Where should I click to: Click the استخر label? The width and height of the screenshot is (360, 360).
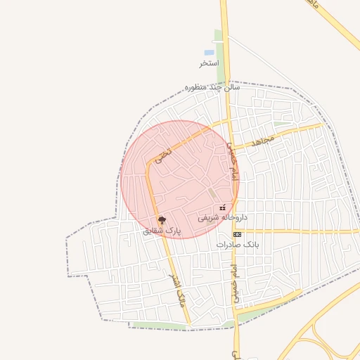click(x=209, y=63)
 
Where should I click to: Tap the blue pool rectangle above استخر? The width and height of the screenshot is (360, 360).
click(x=209, y=53)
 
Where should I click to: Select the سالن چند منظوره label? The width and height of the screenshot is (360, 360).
click(x=212, y=87)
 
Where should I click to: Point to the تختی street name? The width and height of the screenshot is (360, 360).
click(x=165, y=149)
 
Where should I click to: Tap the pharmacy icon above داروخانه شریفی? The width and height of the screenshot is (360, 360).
click(x=223, y=207)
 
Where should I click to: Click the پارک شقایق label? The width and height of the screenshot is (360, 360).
click(x=162, y=230)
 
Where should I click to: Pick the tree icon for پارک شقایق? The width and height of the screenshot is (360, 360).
click(x=162, y=220)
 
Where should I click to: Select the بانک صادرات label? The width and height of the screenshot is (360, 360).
click(x=238, y=244)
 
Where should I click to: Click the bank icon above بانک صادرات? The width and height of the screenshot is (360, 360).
click(x=237, y=233)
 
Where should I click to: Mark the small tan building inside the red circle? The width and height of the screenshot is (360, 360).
click(x=212, y=193)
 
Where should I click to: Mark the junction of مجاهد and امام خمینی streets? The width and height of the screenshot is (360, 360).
click(x=232, y=149)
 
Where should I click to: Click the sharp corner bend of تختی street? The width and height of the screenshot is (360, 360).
click(x=150, y=164)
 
